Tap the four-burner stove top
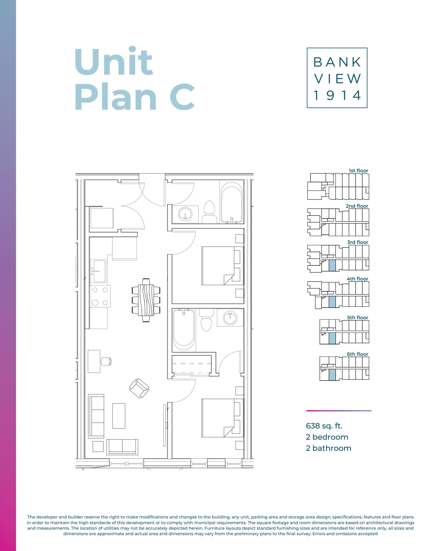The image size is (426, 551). point(100,296)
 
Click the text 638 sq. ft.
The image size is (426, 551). point(324,426)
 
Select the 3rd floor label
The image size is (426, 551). point(357,242)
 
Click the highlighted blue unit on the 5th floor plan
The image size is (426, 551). point(332,338)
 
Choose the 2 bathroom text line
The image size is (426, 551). point(328,448)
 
